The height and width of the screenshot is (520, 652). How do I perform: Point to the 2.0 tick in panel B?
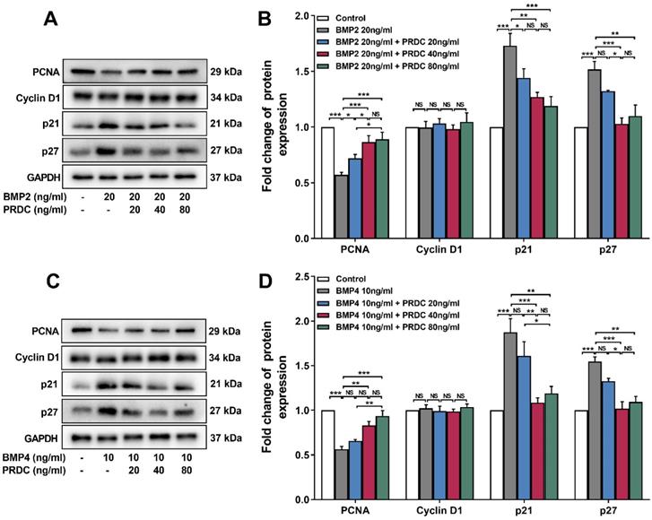coord(310,15)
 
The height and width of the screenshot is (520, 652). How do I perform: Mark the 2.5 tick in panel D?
coord(310,276)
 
